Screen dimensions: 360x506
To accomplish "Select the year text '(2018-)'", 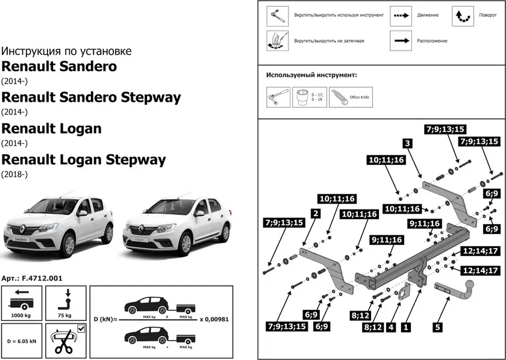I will [14, 175].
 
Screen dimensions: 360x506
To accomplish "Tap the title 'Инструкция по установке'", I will [66, 51].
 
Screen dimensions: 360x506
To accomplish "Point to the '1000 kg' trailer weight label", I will [21, 314].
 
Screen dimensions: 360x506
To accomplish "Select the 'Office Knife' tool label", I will [363, 97].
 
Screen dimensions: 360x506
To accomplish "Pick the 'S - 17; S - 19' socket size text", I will [317, 97].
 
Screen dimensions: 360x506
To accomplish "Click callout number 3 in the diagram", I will [408, 143].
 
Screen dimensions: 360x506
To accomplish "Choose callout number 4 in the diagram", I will [391, 328].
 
